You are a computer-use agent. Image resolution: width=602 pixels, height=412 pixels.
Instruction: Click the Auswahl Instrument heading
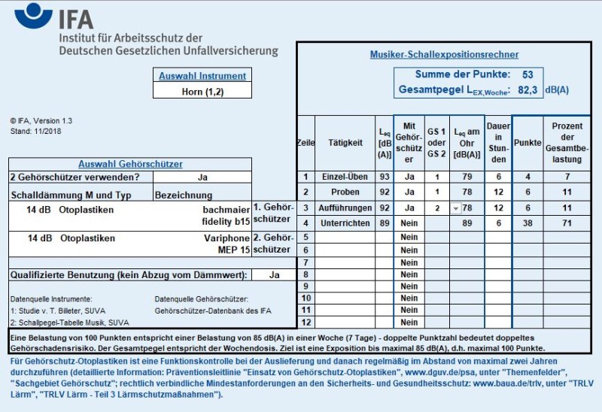click(202, 75)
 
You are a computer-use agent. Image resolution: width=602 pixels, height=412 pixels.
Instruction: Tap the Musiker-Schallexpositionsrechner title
click(444, 55)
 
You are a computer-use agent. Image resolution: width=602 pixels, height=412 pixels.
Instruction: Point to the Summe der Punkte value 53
click(528, 74)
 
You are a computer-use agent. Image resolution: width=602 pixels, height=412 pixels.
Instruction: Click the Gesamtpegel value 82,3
click(528, 90)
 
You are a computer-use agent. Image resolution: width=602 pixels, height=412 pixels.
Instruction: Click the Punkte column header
click(527, 143)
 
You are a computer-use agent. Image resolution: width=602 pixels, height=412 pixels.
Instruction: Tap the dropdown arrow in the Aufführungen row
click(456, 208)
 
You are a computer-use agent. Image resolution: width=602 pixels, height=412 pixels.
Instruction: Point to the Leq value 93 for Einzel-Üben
click(385, 177)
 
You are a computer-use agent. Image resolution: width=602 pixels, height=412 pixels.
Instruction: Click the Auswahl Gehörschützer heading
click(130, 164)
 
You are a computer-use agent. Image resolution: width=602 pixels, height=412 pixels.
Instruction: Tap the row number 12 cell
click(306, 322)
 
